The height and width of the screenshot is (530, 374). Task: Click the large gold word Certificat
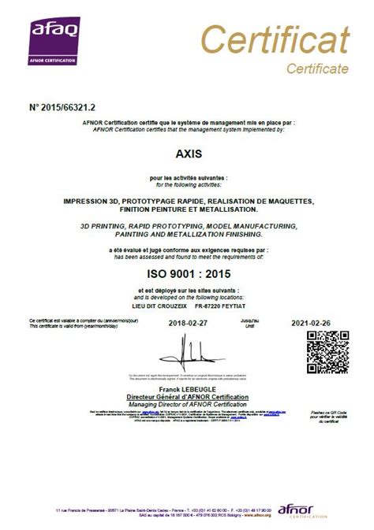point(274,39)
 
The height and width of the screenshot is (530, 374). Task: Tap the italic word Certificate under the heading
point(317,69)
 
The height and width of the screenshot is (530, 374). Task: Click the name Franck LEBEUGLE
point(187,391)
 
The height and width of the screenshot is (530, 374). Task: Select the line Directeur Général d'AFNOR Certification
point(187,398)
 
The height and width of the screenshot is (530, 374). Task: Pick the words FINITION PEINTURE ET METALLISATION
point(187,209)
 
